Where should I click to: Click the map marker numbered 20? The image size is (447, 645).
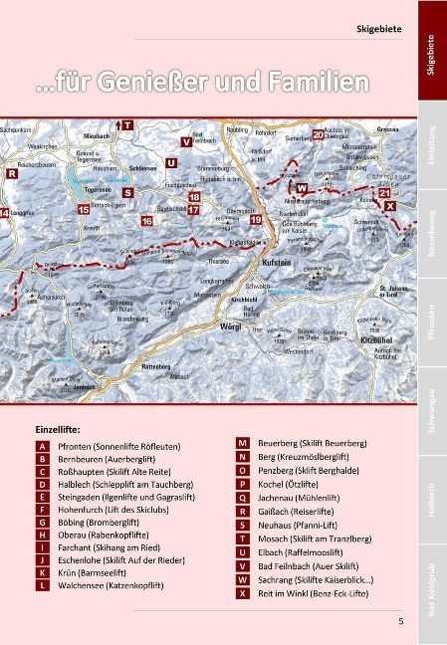pos(318,134)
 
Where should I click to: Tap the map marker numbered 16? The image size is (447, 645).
pos(146,220)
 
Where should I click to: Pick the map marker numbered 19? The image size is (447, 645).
pos(256,219)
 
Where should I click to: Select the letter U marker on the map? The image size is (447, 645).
pos(171,162)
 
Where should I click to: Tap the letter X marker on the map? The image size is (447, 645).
pos(389,205)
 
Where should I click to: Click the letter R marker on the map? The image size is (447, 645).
pos(12,173)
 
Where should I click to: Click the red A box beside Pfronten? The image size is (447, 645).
pos(42,447)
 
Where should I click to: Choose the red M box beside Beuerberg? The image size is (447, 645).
pos(242,441)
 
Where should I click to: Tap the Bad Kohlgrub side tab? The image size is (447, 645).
pos(431,595)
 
